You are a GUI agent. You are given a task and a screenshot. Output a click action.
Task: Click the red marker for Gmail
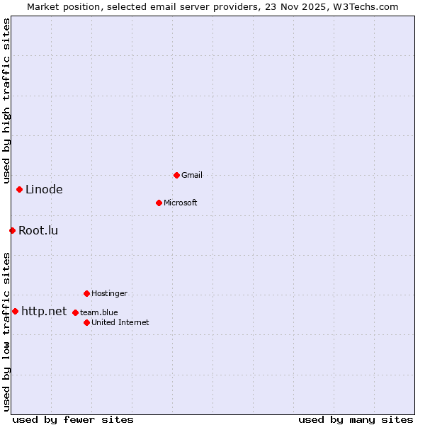176,175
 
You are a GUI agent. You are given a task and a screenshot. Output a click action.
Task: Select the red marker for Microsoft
159,203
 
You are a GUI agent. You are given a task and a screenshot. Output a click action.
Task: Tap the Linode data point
19,189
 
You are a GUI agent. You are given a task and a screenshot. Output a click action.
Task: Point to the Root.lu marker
12,230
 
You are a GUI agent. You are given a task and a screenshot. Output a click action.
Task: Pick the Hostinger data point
86,293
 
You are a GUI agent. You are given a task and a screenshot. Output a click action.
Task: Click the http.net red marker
15,311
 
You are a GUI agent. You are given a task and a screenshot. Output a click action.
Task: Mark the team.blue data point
75,312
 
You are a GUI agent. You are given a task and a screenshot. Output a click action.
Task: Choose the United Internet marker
86,322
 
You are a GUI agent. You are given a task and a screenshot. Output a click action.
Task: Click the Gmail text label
192,175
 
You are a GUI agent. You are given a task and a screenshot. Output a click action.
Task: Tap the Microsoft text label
181,203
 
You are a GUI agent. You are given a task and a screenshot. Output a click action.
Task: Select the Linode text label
44,189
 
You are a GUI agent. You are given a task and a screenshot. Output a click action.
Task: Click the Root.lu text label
38,230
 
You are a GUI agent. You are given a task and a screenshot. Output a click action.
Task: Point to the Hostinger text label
109,293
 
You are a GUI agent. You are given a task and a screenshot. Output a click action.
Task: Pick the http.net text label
44,311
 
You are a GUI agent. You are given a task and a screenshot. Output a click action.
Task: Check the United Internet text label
120,322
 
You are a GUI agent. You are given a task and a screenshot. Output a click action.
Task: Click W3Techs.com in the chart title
365,6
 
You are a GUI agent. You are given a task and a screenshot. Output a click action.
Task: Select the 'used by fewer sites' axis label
73,419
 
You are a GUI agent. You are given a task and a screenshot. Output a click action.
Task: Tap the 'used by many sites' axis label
356,419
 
